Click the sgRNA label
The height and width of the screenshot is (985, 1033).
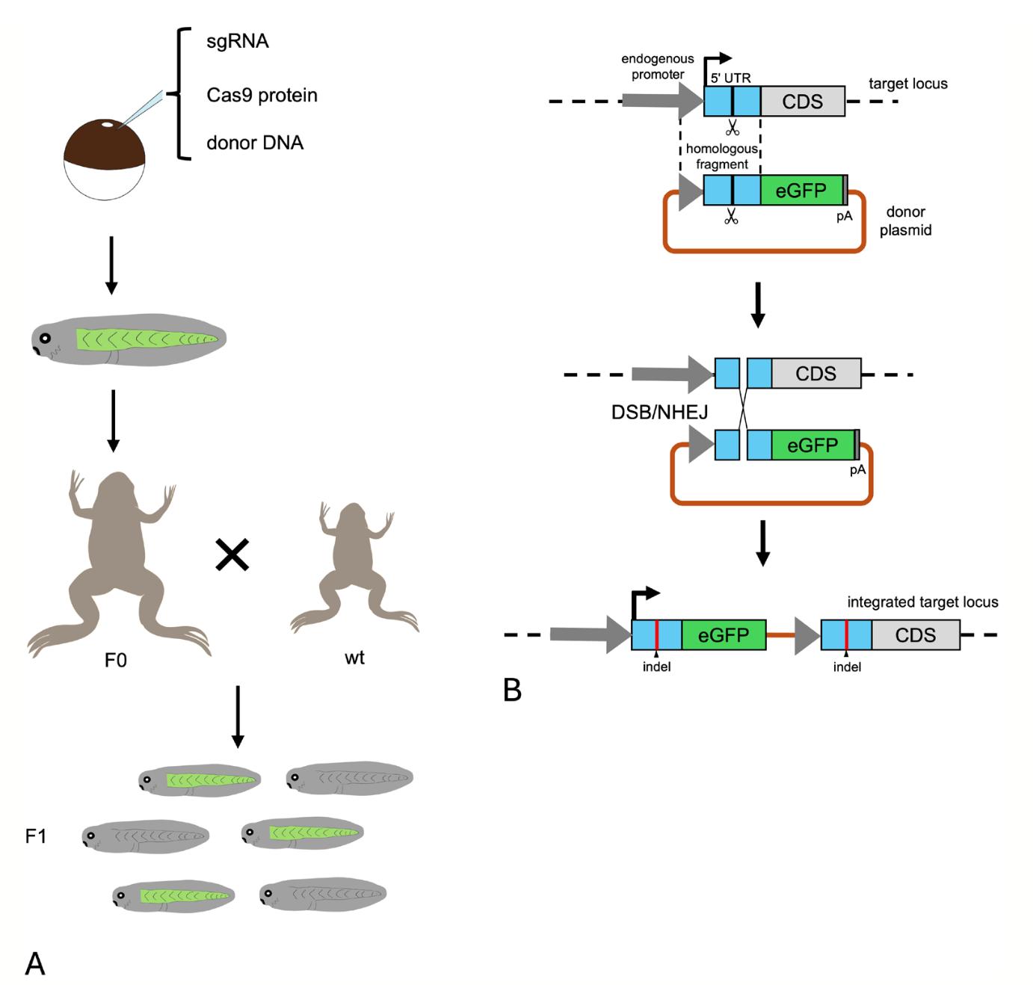[237, 40]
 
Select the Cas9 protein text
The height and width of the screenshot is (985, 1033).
[262, 95]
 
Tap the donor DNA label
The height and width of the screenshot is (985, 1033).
[255, 143]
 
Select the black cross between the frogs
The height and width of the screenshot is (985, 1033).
[232, 555]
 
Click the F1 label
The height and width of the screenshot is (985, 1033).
[36, 836]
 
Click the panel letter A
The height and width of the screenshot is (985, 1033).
[35, 963]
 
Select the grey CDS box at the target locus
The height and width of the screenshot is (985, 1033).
[802, 101]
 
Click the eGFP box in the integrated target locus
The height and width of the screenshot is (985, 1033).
[723, 634]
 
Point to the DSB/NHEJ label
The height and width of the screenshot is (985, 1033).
[659, 411]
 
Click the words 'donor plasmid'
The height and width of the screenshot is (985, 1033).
[905, 221]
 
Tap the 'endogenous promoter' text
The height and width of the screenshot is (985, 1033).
[658, 67]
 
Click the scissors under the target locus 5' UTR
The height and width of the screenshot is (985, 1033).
[732, 126]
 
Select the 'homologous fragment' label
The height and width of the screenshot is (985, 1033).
[721, 156]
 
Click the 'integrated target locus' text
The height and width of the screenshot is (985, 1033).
[922, 602]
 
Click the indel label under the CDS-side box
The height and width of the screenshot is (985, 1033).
[847, 667]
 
